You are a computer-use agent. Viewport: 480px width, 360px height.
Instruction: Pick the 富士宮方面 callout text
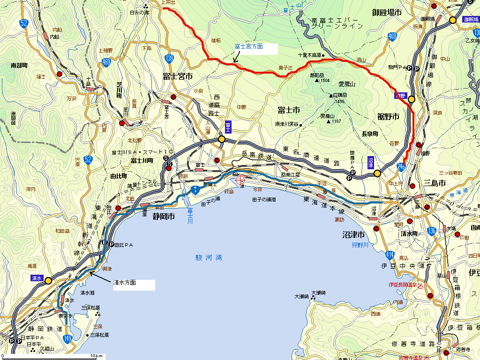click(248, 47)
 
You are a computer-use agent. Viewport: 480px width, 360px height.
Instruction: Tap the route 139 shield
click(170, 58)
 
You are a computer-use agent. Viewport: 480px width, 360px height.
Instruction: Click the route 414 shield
click(390, 255)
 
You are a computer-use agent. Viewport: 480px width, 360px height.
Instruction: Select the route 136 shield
click(432, 231)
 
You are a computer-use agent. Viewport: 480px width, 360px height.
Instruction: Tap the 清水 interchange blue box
click(37, 278)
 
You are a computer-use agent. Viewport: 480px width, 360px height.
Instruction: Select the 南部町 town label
click(20, 66)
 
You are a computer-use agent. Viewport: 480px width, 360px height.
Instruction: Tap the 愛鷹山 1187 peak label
click(331, 119)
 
